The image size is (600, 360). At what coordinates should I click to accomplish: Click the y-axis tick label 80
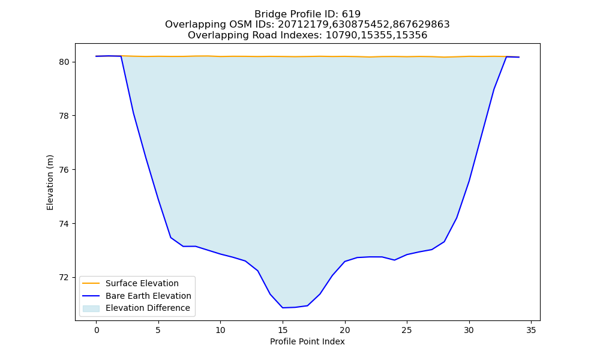point(64,62)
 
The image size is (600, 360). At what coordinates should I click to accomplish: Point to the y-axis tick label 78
point(64,116)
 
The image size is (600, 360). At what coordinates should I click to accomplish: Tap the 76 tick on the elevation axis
point(64,170)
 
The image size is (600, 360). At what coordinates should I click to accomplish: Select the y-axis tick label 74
point(64,223)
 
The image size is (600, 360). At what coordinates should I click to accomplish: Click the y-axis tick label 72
point(64,277)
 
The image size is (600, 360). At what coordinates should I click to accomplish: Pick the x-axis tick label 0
point(96,330)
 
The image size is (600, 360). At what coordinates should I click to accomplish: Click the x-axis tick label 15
point(283,330)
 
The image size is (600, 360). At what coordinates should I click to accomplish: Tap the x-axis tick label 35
point(531,330)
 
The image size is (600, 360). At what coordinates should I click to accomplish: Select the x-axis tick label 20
point(345,330)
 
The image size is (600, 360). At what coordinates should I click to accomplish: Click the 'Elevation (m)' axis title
point(50,182)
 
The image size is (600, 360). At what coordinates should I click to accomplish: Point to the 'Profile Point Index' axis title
point(307,341)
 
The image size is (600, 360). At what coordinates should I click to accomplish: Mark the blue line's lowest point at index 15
point(283,308)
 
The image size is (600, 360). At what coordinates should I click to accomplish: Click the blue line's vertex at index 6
point(170,238)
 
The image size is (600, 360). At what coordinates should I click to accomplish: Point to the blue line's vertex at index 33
point(506,56)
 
